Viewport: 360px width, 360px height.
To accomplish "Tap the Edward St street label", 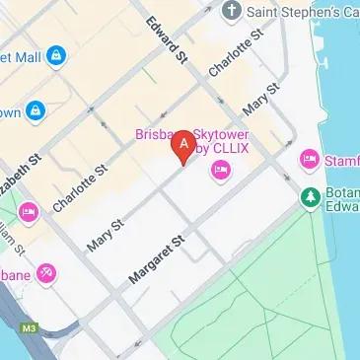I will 167,39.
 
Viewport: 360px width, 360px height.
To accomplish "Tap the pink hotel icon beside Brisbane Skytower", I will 220,173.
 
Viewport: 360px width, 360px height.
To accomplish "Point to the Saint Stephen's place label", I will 300,13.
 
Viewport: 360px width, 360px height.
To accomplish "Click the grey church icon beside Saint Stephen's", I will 231,13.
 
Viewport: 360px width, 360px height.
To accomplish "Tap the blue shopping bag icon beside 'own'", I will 36,109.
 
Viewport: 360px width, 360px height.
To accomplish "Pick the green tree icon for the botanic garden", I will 311,197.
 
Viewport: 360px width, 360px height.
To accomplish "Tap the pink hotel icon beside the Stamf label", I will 311,159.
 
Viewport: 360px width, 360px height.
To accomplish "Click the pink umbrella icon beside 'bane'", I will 45,273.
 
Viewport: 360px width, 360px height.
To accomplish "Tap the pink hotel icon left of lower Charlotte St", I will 28,210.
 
